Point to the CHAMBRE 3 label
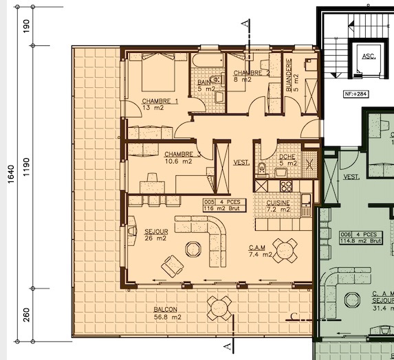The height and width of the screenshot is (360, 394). (x=183, y=155)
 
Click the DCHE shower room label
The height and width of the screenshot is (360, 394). (x=287, y=156)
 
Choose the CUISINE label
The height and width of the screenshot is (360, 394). (x=273, y=203)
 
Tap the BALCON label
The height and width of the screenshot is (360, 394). (x=166, y=309)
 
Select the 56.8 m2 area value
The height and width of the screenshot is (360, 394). (x=167, y=317)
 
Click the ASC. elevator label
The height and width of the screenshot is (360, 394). (x=368, y=57)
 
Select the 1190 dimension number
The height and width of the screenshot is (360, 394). (x=26, y=167)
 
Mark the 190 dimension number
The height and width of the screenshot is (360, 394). (x=26, y=27)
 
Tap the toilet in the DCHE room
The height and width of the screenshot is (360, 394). (x=261, y=169)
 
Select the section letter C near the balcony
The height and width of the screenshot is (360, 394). (x=294, y=317)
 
